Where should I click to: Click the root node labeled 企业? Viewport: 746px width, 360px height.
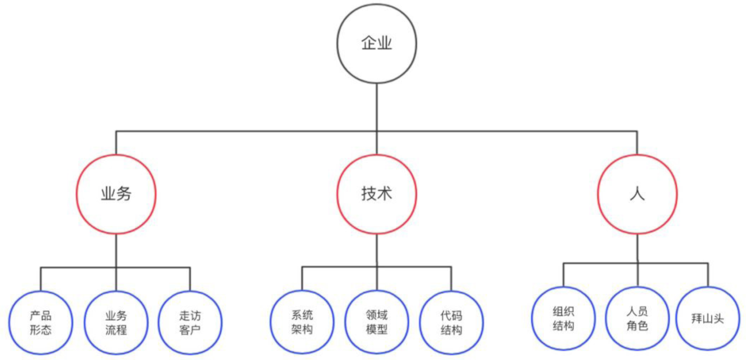pyautogui.click(x=377, y=44)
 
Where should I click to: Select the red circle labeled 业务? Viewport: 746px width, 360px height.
pyautogui.click(x=116, y=194)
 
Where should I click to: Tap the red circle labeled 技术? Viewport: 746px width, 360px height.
pyautogui.click(x=377, y=194)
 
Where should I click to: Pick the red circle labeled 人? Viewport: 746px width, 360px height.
pyautogui.click(x=637, y=194)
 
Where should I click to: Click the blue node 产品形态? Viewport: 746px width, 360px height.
pyautogui.click(x=41, y=323)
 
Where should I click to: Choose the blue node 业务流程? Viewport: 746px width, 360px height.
pyautogui.click(x=116, y=323)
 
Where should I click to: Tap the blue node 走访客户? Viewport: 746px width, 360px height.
pyautogui.click(x=190, y=323)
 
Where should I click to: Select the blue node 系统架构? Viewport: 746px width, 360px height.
pyautogui.click(x=302, y=322)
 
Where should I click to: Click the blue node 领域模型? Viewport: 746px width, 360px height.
pyautogui.click(x=377, y=322)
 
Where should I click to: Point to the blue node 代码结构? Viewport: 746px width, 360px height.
pyautogui.click(x=451, y=323)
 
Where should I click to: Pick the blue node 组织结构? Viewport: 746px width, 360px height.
pyautogui.click(x=563, y=318)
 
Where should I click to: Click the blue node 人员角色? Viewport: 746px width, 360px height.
pyautogui.click(x=637, y=318)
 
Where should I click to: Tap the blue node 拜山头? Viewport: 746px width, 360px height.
pyautogui.click(x=708, y=318)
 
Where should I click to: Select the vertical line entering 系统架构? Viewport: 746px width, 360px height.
pyautogui.click(x=302, y=278)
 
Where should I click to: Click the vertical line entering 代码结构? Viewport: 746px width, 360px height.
pyautogui.click(x=451, y=279)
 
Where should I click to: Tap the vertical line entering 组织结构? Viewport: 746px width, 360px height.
pyautogui.click(x=563, y=275)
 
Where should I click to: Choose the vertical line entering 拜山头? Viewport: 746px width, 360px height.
pyautogui.click(x=708, y=275)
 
